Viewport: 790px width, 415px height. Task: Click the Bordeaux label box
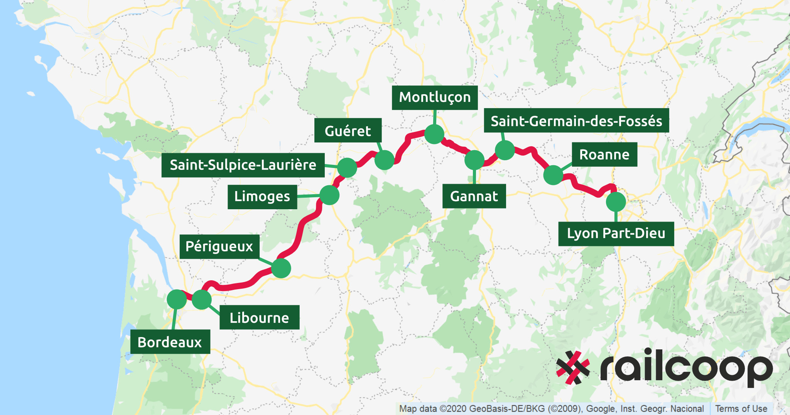[170, 342]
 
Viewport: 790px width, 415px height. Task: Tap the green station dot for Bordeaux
[177, 299]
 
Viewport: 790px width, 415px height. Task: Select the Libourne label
[259, 317]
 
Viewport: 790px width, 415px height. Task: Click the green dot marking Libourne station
[201, 299]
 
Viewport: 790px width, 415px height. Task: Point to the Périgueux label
[219, 246]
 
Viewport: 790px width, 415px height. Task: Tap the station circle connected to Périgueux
[281, 268]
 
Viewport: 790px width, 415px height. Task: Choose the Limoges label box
[262, 196]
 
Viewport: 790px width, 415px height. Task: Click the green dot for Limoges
[329, 195]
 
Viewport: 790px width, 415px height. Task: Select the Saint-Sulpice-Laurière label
[243, 165]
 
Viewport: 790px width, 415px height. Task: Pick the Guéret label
[348, 130]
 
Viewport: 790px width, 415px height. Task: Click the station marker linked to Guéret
[384, 160]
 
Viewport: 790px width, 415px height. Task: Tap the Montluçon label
[435, 97]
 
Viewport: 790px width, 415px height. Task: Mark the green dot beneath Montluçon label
[434, 134]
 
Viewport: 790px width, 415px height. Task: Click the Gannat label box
[474, 196]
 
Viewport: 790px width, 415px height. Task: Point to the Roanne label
[604, 154]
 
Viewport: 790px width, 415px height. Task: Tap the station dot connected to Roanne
[553, 175]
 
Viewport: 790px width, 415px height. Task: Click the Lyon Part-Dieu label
[616, 234]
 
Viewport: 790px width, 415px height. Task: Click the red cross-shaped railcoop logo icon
[573, 368]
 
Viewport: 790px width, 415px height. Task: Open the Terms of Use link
[741, 408]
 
